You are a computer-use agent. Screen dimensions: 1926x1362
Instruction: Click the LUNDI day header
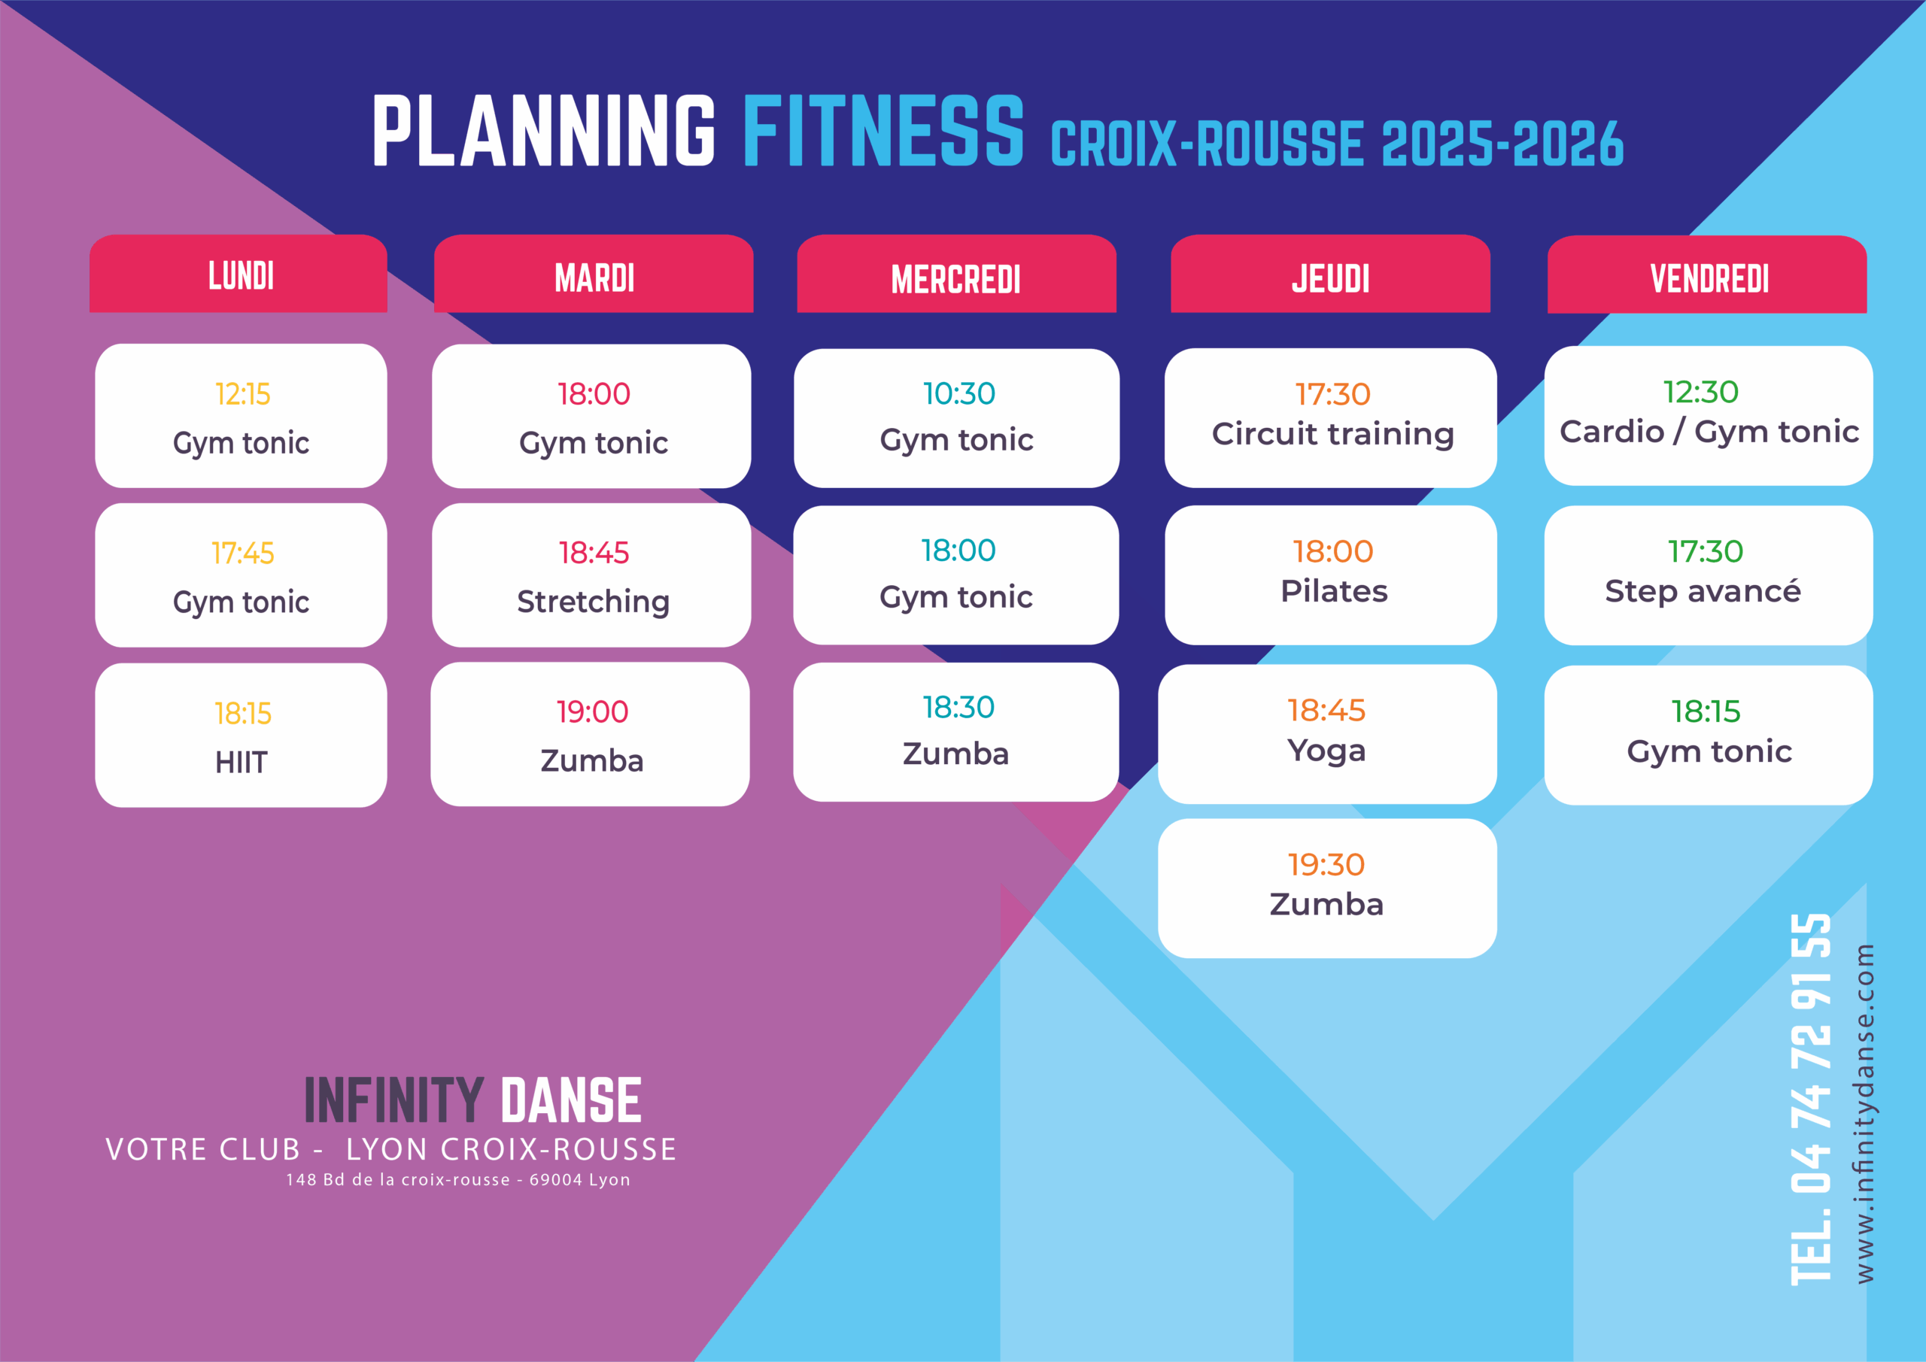click(241, 275)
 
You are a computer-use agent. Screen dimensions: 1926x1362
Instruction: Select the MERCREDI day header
click(955, 279)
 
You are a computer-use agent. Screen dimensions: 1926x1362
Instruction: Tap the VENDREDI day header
click(1709, 278)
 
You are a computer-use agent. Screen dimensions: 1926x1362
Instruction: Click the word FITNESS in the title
click(883, 131)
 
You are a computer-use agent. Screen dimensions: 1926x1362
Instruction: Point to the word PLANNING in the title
click(544, 131)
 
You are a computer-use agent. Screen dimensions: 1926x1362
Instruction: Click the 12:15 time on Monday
click(242, 393)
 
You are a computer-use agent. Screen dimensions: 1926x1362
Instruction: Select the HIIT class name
click(241, 763)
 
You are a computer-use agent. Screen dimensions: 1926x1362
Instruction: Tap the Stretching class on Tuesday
click(593, 602)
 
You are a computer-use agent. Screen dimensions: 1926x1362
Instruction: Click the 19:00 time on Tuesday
click(592, 712)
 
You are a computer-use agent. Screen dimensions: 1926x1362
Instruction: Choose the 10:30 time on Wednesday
click(958, 393)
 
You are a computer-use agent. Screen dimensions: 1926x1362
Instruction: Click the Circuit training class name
click(1333, 435)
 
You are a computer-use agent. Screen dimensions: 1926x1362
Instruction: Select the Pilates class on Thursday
click(1334, 591)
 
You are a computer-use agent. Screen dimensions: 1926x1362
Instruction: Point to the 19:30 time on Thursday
click(1326, 865)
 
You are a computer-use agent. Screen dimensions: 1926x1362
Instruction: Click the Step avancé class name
click(1703, 591)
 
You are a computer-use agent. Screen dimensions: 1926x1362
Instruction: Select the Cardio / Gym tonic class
click(1709, 432)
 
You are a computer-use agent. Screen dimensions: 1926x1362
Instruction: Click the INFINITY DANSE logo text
click(473, 1100)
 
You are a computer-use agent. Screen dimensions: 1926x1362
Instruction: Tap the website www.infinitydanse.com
click(1864, 1114)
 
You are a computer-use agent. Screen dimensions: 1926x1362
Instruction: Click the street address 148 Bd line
click(458, 1179)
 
